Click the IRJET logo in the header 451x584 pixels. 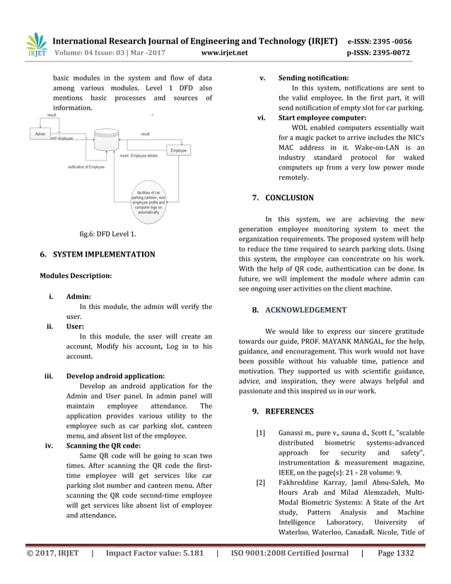pos(36,46)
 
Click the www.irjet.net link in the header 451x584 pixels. pos(225,52)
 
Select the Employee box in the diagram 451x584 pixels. pos(178,151)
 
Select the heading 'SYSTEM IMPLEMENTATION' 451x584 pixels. pos(104,254)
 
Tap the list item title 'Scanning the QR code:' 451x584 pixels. pos(102,446)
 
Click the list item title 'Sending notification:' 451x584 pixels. pos(313,78)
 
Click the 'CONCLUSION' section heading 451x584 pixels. pos(289,198)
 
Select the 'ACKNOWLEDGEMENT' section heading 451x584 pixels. pos(305,310)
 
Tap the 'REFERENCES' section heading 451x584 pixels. pos(289,411)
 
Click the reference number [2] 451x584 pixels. pos(260,483)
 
